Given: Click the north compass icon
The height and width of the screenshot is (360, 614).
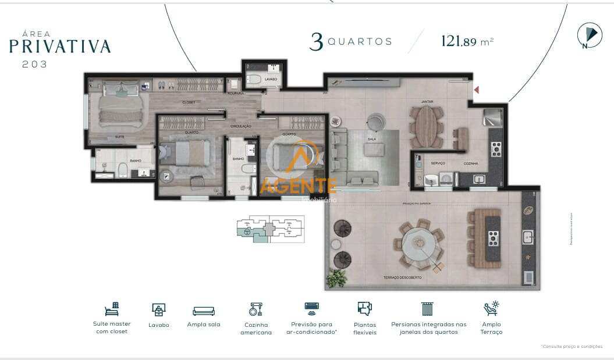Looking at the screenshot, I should coord(589,35).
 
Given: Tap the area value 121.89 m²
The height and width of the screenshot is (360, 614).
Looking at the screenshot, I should coord(467,41).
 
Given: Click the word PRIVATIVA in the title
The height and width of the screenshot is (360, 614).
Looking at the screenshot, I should coord(60,47).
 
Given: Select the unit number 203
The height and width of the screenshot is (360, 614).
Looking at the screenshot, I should coord(35,65).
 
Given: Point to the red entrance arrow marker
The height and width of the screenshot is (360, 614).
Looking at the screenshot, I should coord(476,90).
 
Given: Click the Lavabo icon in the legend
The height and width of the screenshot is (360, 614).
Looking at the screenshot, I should coord(158,309).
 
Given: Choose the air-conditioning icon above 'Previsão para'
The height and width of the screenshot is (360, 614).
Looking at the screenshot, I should coord(312,306).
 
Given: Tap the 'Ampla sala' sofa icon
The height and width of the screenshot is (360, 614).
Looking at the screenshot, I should coord(204,311).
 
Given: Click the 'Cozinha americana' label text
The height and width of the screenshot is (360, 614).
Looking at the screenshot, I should coord(256,329).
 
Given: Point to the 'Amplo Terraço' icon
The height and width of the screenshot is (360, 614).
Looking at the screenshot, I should coord(491,308).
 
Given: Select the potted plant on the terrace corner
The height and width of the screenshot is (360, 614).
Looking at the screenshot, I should coord(336,278).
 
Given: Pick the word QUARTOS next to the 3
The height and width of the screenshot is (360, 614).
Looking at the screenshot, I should coord(360,42).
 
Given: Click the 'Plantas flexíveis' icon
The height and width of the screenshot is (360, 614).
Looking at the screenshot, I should coord(364,308).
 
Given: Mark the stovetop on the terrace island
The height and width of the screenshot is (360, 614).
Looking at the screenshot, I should coord(493,237).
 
